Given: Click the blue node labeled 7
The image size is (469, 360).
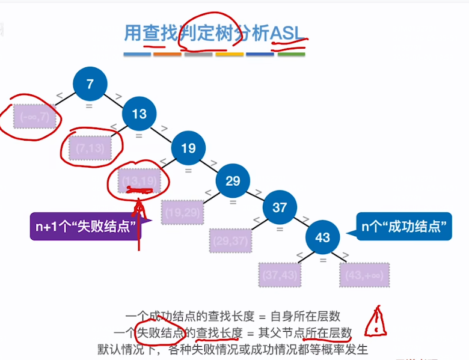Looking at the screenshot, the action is pyautogui.click(x=90, y=84).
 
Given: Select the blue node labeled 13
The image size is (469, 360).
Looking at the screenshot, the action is pyautogui.click(x=139, y=114).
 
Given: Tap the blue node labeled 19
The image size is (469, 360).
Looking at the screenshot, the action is pyautogui.click(x=188, y=148).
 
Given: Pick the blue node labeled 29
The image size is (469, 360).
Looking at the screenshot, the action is pyautogui.click(x=233, y=180).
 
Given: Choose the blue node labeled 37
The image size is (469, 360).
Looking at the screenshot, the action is pyautogui.click(x=280, y=207).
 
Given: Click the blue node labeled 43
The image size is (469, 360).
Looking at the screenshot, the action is pyautogui.click(x=322, y=237).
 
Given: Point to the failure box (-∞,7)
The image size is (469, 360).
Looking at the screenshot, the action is pyautogui.click(x=35, y=117).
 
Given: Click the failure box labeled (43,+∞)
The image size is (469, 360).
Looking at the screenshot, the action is pyautogui.click(x=364, y=274).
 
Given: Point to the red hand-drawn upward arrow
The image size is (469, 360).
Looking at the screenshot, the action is pyautogui.click(x=139, y=222).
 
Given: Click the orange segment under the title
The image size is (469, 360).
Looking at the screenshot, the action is pyautogui.click(x=167, y=55).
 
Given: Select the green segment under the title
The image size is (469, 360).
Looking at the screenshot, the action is pyautogui.click(x=291, y=55).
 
